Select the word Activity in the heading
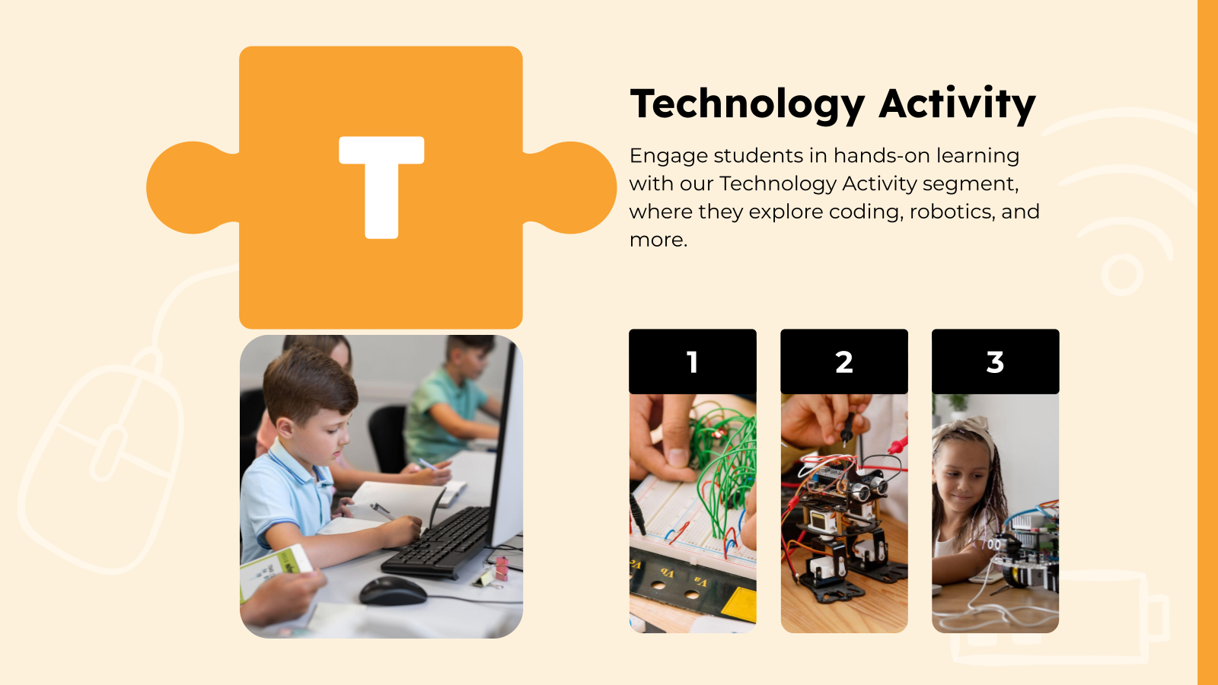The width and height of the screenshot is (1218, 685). click(957, 104)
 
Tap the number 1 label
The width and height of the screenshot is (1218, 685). click(692, 362)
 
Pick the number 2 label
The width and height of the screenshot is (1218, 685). click(843, 362)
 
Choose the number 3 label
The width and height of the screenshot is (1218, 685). click(995, 362)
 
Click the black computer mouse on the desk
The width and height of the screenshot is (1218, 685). click(393, 591)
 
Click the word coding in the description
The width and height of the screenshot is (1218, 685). click(863, 212)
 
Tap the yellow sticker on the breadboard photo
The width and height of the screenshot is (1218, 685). click(738, 605)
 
